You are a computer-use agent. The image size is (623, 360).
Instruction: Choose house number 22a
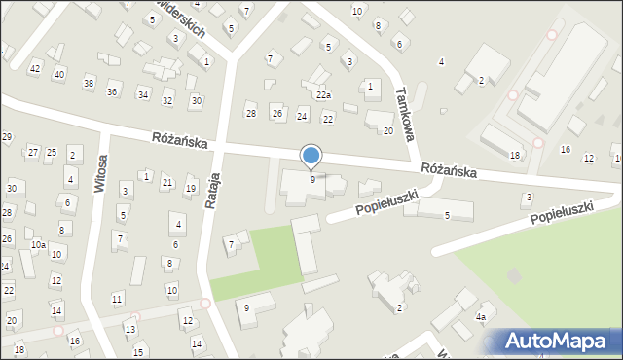[323, 95]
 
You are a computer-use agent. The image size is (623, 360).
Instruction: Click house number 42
[35, 68]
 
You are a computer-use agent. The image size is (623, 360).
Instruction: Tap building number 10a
[37, 245]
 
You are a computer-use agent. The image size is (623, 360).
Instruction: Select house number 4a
[480, 317]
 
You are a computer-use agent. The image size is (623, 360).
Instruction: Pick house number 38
[89, 84]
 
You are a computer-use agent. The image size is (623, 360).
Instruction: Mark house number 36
[112, 91]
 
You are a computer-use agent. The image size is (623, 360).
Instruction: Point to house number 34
[143, 94]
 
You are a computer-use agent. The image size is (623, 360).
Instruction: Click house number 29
[6, 137]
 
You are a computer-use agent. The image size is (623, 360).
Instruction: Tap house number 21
[167, 183]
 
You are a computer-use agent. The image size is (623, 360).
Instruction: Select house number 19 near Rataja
[191, 189]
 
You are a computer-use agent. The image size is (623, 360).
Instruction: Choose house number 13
[129, 330]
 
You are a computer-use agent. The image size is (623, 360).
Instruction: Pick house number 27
[32, 152]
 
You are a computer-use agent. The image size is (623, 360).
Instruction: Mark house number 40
[59, 75]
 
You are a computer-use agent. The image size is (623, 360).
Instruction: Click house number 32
[167, 101]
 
